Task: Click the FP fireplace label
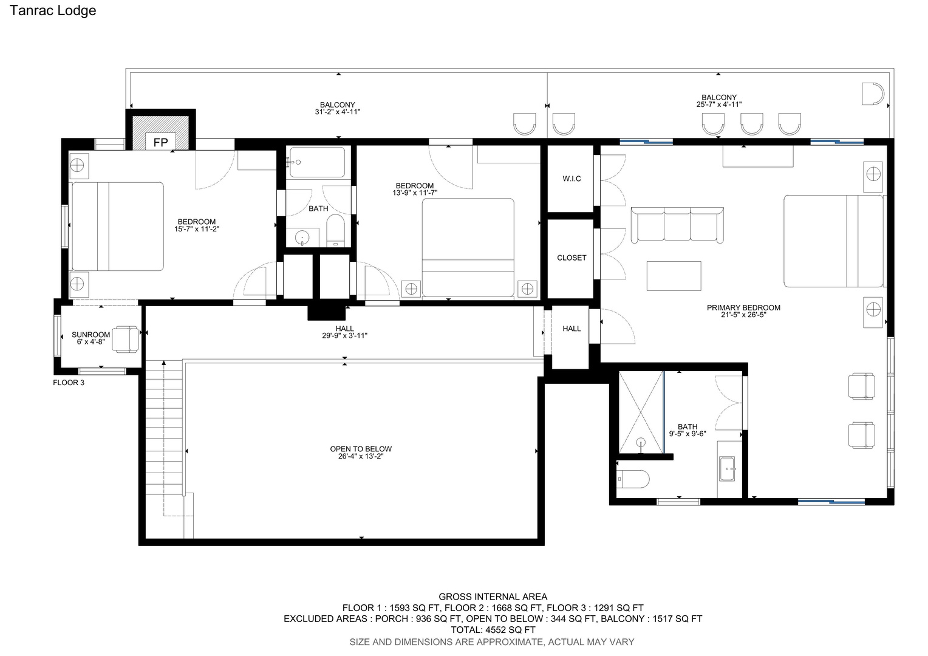161,143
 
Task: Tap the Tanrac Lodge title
53,10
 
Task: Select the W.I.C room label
571,179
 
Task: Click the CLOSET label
571,258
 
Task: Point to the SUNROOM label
90,335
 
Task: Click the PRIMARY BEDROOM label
743,307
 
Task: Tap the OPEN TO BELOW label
361,449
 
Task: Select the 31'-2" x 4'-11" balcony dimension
338,112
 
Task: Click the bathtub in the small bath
318,162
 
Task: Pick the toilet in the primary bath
633,479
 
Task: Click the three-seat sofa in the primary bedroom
677,225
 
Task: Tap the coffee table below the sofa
674,276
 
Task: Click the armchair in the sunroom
126,340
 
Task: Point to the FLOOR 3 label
69,383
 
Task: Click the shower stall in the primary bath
641,412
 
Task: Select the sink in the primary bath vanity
727,469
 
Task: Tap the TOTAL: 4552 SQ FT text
493,630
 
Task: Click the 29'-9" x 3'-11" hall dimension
345,336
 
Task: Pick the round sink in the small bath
302,238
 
